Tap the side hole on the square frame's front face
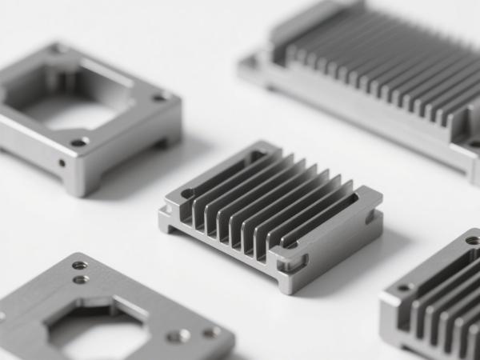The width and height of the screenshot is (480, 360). pos(62,162)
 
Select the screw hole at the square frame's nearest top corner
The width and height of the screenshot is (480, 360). pos(79,142)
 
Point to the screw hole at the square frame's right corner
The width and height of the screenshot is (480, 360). pos(160,97)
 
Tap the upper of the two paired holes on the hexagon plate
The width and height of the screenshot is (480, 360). pos(80,265)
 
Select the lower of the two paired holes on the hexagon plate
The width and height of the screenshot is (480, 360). pos(81,279)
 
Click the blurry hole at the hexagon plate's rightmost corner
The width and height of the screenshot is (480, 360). pos(211,331)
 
